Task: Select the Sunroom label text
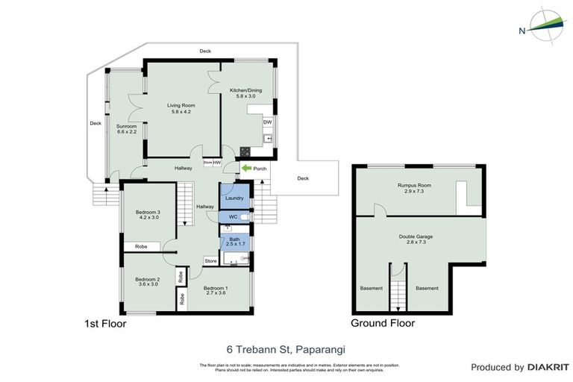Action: pyautogui.click(x=126, y=126)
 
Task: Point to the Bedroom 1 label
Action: pyautogui.click(x=216, y=288)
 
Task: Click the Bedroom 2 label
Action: pyautogui.click(x=147, y=279)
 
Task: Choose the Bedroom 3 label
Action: pyautogui.click(x=148, y=213)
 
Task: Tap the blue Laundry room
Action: pyautogui.click(x=234, y=198)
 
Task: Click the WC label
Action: pyautogui.click(x=233, y=217)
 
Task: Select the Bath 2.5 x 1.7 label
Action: pyautogui.click(x=234, y=240)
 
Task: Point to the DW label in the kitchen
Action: pyautogui.click(x=267, y=122)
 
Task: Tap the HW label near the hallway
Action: pyautogui.click(x=216, y=162)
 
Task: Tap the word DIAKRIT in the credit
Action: pyautogui.click(x=549, y=367)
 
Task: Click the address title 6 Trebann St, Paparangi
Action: pyautogui.click(x=286, y=348)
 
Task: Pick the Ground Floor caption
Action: pyautogui.click(x=383, y=324)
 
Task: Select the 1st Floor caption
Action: pyautogui.click(x=105, y=324)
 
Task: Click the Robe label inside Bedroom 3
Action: pyautogui.click(x=140, y=246)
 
